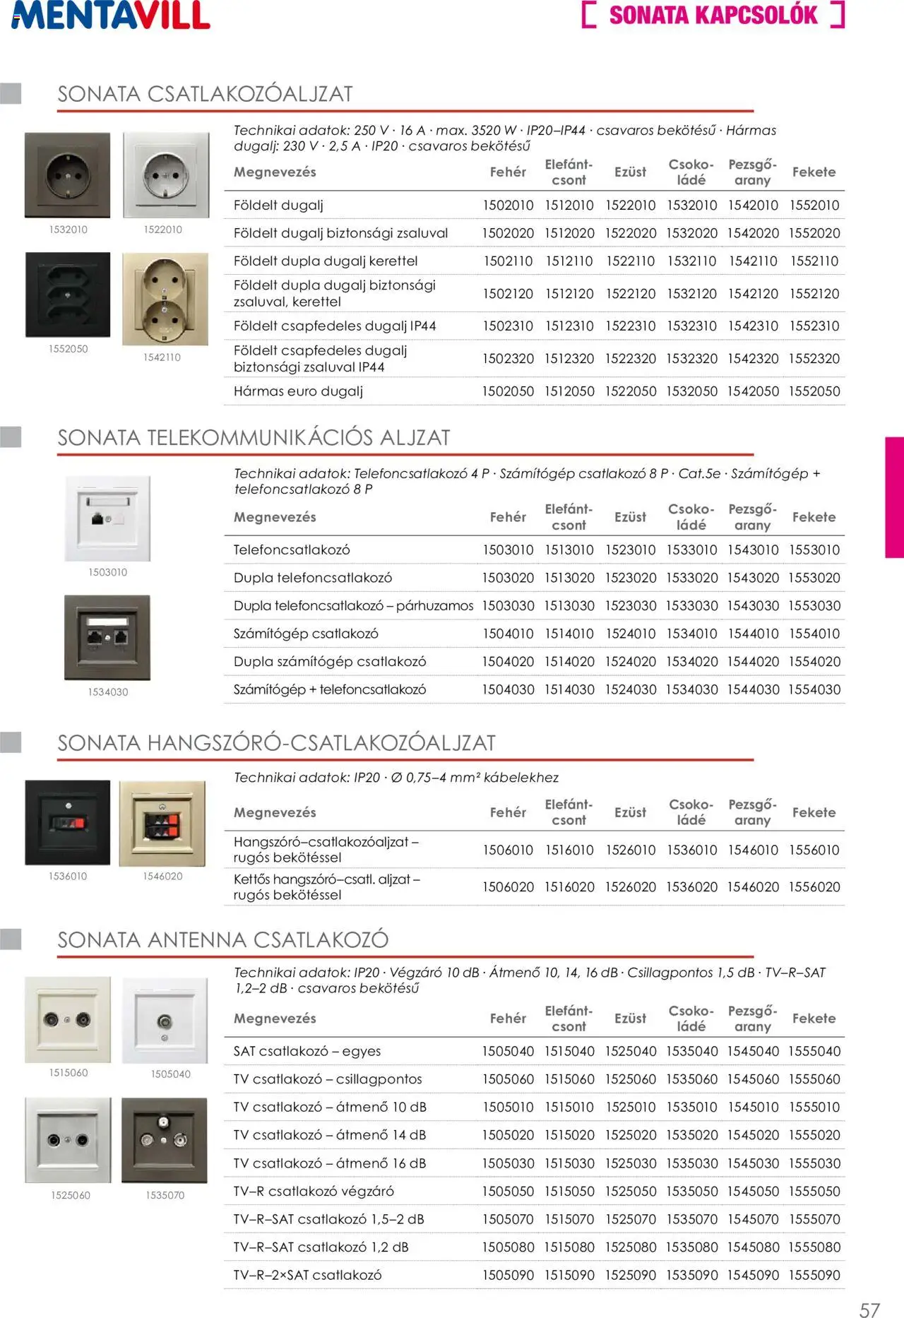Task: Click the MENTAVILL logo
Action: click(111, 16)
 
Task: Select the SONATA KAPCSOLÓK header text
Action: click(713, 16)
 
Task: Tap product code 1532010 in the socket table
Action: click(691, 206)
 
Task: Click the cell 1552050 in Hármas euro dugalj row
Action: click(814, 391)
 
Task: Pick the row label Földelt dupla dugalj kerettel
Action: click(326, 261)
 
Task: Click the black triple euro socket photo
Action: click(68, 295)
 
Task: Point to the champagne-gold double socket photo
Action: click(165, 299)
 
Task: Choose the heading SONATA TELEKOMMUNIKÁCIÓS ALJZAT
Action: click(254, 438)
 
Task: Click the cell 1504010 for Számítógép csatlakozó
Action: click(508, 634)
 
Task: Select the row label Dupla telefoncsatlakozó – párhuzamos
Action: click(353, 606)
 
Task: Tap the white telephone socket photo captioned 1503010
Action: click(107, 518)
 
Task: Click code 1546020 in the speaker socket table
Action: click(753, 887)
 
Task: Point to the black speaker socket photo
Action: click(68, 823)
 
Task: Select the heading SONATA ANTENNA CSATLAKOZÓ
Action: click(223, 940)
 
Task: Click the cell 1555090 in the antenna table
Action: click(814, 1276)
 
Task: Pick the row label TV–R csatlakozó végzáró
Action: click(314, 1192)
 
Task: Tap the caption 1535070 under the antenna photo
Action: click(165, 1195)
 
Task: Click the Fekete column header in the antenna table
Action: click(814, 1019)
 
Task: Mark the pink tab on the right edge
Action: click(894, 497)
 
